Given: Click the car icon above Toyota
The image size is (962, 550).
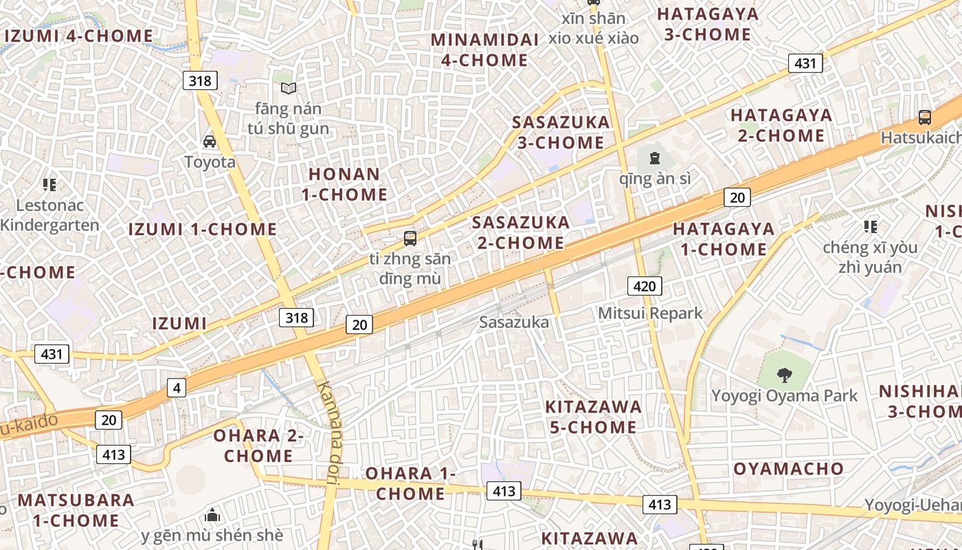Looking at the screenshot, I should [x=210, y=142].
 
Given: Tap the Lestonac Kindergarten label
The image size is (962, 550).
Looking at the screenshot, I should [x=49, y=214].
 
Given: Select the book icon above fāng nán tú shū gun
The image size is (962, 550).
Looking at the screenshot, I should [x=289, y=88].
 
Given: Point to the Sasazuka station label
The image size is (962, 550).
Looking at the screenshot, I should [x=514, y=322].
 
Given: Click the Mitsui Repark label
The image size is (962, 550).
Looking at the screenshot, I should [x=650, y=313].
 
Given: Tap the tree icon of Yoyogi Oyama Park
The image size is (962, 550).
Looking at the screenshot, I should [x=784, y=375].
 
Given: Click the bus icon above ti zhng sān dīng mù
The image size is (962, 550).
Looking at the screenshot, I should [x=410, y=239].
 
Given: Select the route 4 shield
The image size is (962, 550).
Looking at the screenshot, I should [x=177, y=388].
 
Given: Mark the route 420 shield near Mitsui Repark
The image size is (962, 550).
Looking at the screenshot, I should [x=644, y=286].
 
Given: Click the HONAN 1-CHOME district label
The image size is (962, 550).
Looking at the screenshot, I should [x=344, y=184].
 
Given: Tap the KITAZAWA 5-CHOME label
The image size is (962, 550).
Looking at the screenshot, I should [x=593, y=417].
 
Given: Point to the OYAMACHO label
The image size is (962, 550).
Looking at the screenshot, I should [x=788, y=469].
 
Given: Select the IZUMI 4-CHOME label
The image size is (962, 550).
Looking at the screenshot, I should [x=79, y=36].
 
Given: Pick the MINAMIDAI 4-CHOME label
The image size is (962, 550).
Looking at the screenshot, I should [x=484, y=49].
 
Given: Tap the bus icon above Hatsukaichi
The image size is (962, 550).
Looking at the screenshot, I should [x=925, y=118].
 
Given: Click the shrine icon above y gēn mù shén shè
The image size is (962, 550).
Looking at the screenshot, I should [x=213, y=514].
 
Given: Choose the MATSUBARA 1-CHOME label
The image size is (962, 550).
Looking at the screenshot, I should [x=76, y=509].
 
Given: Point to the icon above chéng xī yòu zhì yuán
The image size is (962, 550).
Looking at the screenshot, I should [x=871, y=226].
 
